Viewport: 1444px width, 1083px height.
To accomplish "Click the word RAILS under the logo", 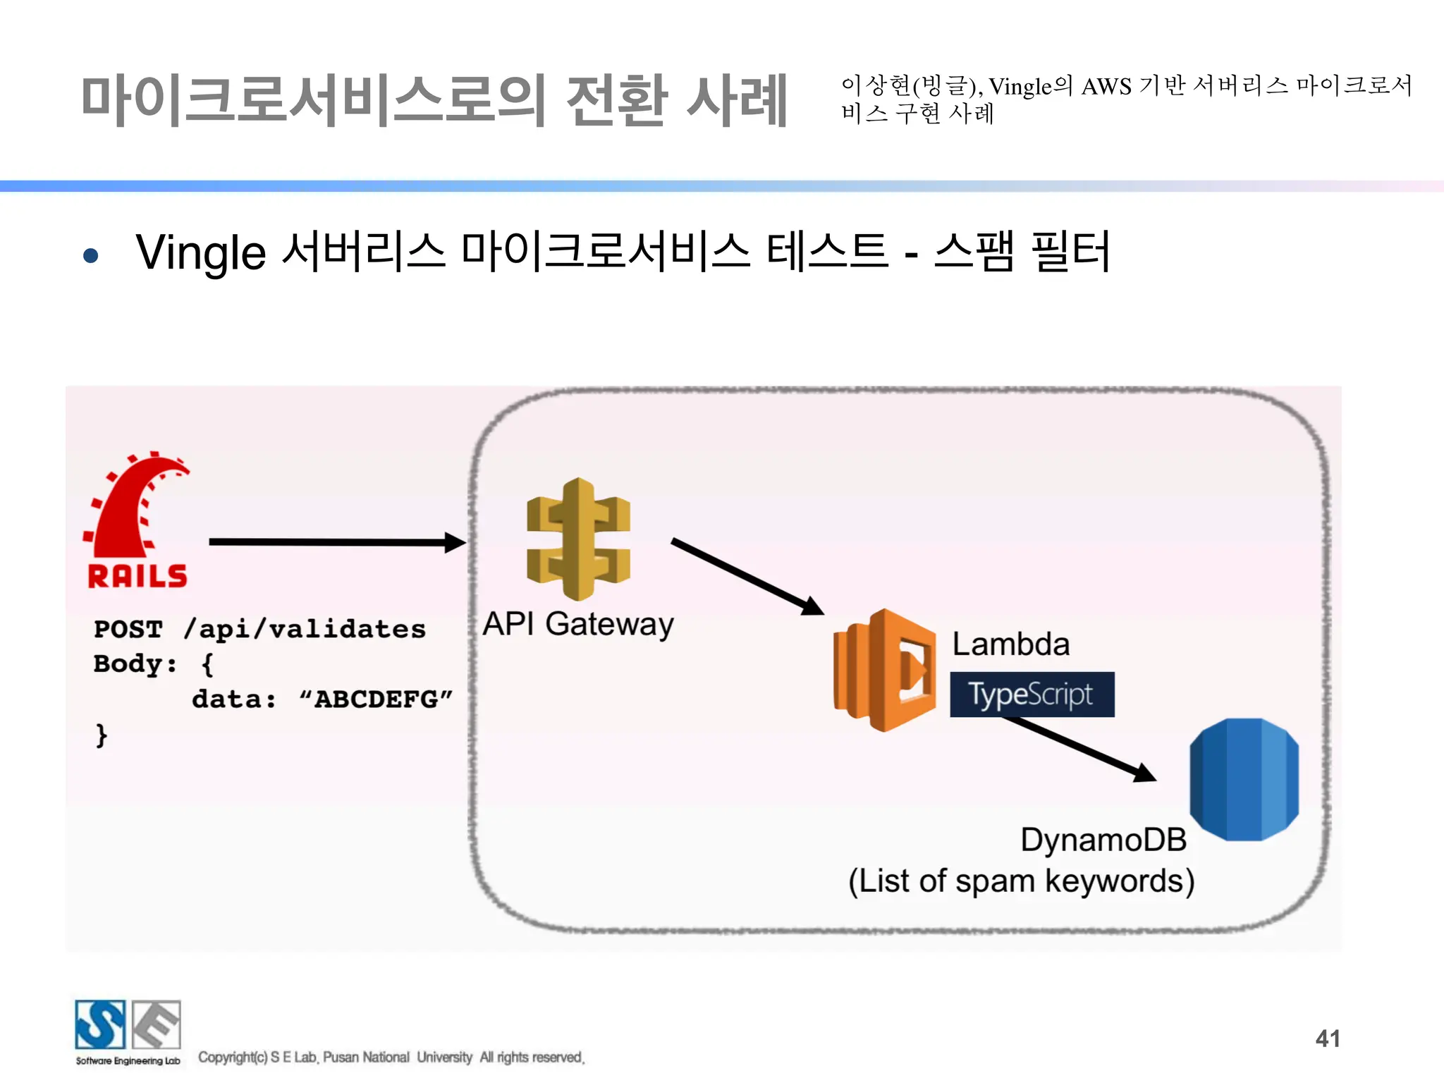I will tap(137, 576).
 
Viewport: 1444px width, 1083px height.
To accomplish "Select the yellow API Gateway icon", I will tap(578, 539).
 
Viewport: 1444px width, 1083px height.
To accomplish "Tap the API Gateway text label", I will tap(578, 624).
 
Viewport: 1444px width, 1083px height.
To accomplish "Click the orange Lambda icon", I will tap(885, 670).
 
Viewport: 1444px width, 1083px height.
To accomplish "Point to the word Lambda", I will tap(1010, 644).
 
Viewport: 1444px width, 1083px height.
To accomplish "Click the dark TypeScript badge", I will tap(1032, 695).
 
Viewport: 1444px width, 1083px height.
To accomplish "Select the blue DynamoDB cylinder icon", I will tap(1244, 779).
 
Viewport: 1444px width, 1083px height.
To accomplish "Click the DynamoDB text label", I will tap(1103, 840).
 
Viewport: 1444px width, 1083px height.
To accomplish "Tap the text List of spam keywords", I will tap(1021, 881).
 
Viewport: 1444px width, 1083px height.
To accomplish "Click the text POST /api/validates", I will tap(259, 629).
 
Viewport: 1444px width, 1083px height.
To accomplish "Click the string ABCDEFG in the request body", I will tap(376, 699).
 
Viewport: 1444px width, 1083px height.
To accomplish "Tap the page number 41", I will tap(1327, 1038).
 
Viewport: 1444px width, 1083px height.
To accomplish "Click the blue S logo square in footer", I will tap(100, 1024).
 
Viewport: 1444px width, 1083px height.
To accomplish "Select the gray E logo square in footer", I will tap(157, 1024).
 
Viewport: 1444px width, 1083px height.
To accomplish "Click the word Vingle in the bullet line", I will tap(201, 254).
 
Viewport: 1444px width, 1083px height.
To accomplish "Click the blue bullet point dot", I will tap(90, 255).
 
